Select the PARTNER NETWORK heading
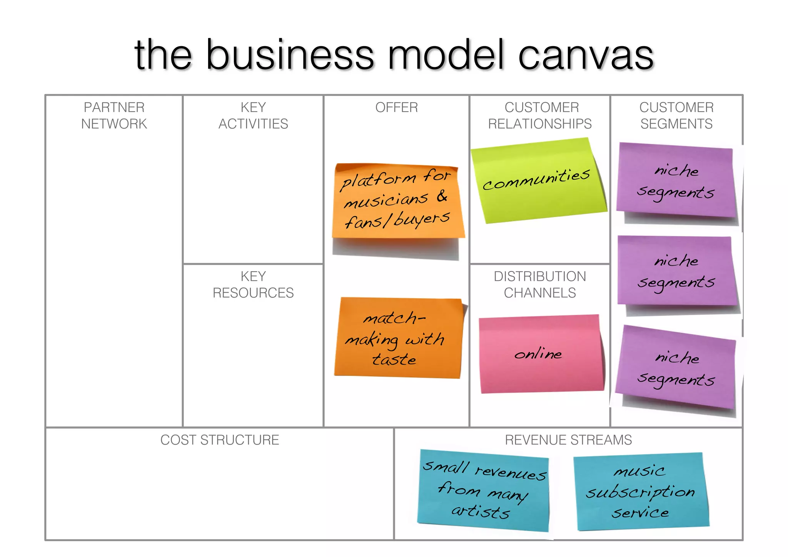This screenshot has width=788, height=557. pyautogui.click(x=114, y=115)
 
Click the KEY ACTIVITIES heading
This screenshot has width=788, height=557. pyautogui.click(x=253, y=115)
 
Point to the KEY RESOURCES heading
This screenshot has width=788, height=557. pyautogui.click(x=253, y=284)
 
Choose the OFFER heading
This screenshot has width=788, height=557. pyautogui.click(x=396, y=107)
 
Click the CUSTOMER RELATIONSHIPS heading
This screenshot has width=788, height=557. pyautogui.click(x=540, y=115)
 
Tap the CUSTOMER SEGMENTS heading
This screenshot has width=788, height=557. pyautogui.click(x=676, y=115)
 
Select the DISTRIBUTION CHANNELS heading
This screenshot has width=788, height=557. pyautogui.click(x=540, y=284)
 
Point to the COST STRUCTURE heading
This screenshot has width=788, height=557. pyautogui.click(x=220, y=440)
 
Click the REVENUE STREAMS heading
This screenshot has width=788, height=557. pyautogui.click(x=568, y=440)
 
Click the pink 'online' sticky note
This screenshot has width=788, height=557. pyautogui.click(x=541, y=354)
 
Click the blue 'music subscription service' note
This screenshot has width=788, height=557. pyautogui.click(x=641, y=492)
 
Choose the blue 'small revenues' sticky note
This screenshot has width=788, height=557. pyautogui.click(x=484, y=490)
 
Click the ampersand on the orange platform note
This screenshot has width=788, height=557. pyautogui.click(x=442, y=196)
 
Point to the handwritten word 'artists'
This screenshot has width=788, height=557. pyautogui.click(x=481, y=512)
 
